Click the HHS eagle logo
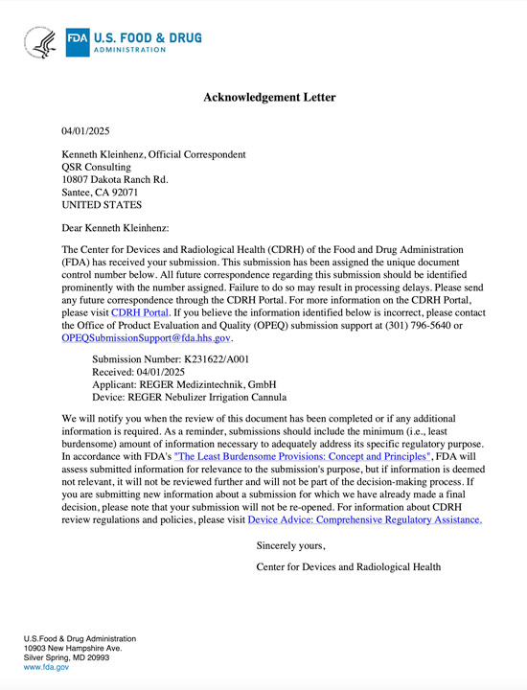42,41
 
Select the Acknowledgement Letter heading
269,98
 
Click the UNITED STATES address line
102,204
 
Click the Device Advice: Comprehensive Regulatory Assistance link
364,519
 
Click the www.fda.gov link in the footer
46,667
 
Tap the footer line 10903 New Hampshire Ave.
73,649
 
